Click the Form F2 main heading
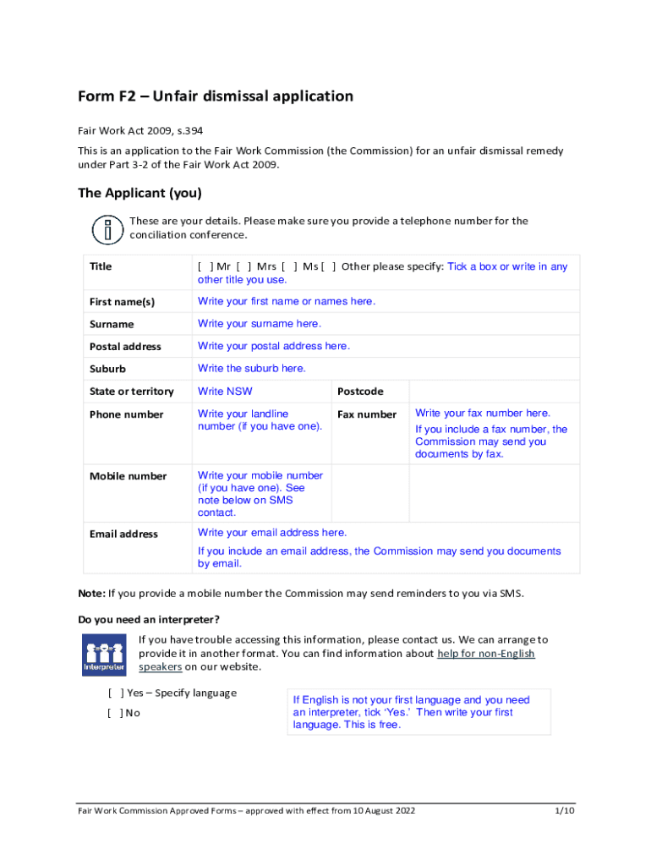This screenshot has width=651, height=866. tap(216, 96)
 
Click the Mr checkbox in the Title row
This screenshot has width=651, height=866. tap(204, 267)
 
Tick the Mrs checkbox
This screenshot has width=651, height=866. tap(243, 267)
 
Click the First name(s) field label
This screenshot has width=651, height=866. tap(122, 302)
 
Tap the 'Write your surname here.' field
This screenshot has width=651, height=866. tap(259, 324)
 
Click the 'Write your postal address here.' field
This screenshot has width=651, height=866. tap(273, 346)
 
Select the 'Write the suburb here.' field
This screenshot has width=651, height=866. tap(251, 369)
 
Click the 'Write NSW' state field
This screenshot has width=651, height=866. tap(225, 392)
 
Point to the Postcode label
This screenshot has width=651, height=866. tap(360, 392)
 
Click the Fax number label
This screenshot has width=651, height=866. tap(366, 414)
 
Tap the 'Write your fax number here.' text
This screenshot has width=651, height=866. tap(483, 414)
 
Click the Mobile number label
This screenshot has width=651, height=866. tap(128, 476)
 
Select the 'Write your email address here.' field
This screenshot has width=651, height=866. tap(271, 533)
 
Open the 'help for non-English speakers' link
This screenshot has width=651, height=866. tap(485, 654)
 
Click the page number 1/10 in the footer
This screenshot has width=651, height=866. tap(564, 811)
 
